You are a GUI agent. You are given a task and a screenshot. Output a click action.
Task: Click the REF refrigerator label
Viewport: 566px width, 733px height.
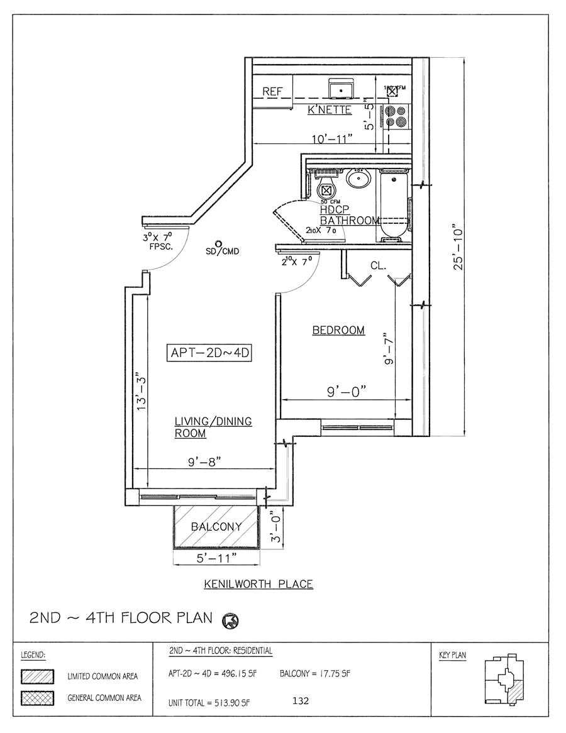point(272,92)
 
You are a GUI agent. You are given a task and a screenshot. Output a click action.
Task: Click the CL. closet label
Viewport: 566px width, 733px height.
point(377,266)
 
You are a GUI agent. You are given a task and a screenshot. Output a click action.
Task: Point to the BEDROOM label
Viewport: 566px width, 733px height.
point(338,330)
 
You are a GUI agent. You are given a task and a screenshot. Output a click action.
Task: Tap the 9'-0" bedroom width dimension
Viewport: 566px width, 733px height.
point(346,390)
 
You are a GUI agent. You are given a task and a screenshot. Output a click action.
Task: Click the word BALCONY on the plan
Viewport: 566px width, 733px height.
point(216,527)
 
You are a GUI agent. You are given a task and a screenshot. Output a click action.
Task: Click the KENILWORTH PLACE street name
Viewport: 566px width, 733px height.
point(258,584)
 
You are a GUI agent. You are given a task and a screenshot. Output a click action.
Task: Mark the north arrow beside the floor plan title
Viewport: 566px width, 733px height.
point(230,621)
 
